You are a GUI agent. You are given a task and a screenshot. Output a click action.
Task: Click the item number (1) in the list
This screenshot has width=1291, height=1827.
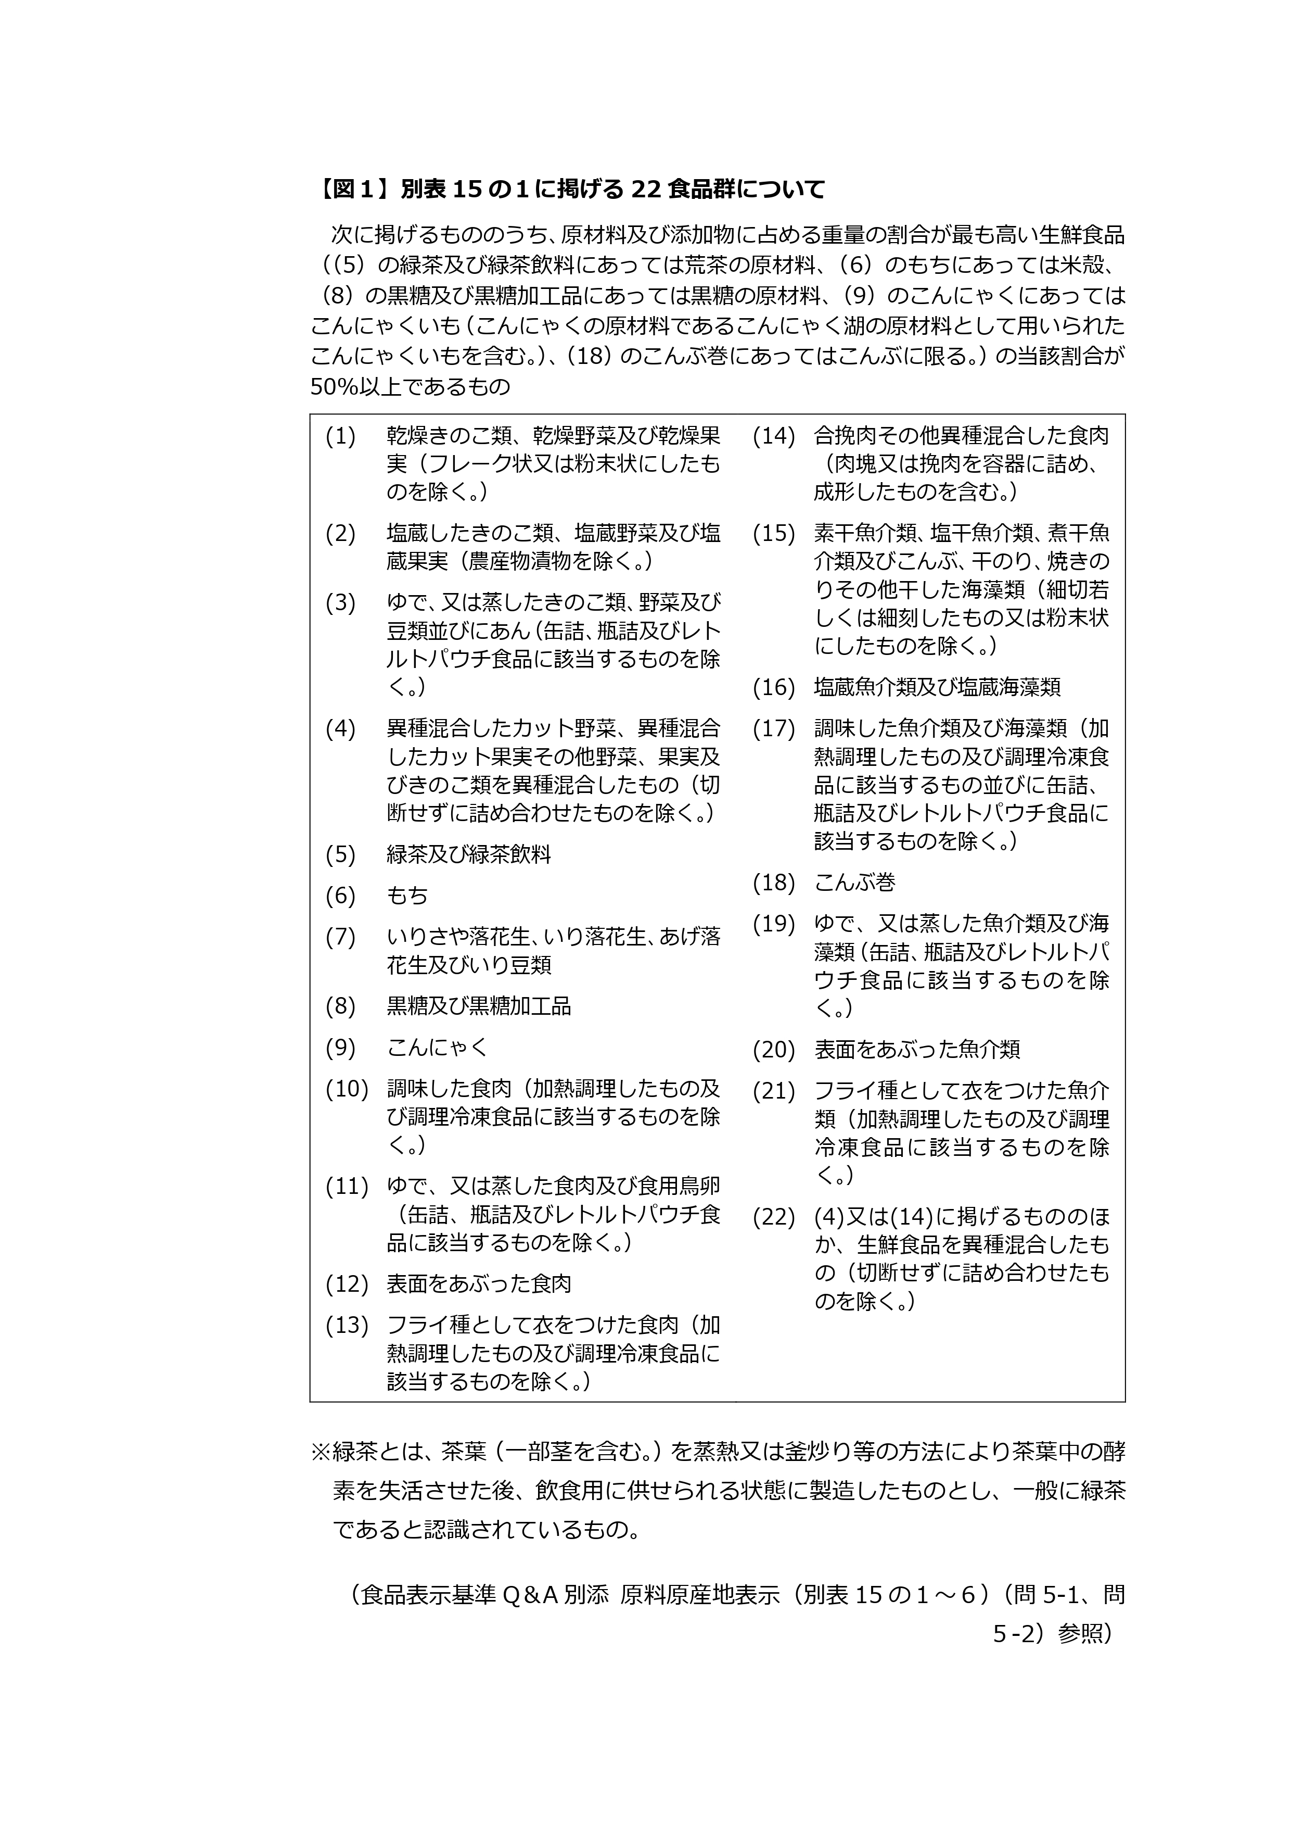tap(340, 436)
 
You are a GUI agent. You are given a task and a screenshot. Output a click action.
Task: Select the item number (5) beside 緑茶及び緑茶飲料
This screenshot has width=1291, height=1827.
tap(340, 854)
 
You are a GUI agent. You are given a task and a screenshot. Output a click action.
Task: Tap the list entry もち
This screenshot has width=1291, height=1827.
tap(407, 896)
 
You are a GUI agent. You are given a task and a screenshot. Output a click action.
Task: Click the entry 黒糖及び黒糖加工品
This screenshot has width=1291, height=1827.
tap(479, 1006)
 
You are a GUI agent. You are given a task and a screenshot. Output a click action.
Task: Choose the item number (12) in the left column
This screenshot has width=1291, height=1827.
tap(347, 1283)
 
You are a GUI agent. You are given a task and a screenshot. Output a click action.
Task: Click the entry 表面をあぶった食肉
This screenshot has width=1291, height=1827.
tap(479, 1283)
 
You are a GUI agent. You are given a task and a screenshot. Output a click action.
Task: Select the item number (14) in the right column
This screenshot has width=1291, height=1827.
tap(774, 436)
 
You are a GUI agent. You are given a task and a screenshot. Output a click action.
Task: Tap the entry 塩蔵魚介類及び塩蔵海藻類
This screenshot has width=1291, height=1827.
tap(937, 687)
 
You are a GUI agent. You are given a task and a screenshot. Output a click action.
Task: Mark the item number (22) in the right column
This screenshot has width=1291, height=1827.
tap(774, 1217)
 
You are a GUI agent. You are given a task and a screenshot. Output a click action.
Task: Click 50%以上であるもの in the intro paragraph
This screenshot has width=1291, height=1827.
tap(410, 387)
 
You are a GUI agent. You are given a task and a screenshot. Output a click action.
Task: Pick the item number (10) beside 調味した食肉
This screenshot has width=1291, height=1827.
tap(347, 1089)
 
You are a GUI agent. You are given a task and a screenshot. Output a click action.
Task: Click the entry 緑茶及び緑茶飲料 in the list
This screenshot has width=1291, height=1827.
tap(468, 854)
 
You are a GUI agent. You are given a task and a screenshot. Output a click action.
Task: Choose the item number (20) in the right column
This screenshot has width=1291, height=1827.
tap(774, 1050)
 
